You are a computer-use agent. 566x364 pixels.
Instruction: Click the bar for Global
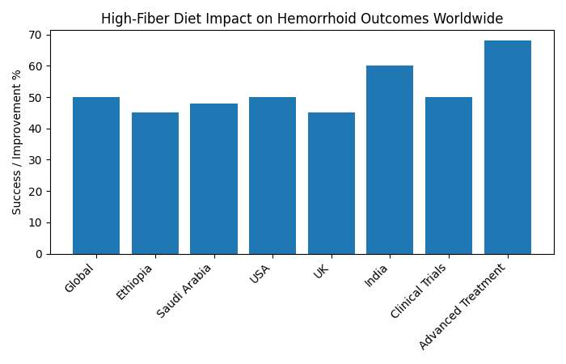pos(96,176)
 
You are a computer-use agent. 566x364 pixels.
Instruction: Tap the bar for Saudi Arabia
pos(213,179)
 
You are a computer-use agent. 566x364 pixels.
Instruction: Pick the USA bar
pos(272,176)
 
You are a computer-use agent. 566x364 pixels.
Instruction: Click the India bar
pos(390,160)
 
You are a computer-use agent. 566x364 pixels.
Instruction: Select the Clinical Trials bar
pos(449,176)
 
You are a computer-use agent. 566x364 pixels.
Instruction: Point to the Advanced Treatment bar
pos(508,147)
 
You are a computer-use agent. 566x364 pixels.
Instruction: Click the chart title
pos(302,19)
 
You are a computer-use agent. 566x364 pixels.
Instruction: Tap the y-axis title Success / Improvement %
pos(17,142)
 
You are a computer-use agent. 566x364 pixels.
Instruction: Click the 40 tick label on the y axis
pos(39,129)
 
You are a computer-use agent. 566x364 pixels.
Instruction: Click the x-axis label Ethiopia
pos(135,281)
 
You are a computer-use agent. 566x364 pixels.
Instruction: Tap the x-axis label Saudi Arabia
pos(186,290)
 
